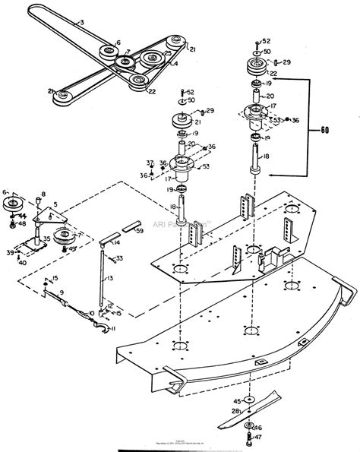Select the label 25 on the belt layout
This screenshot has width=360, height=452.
pos(168,54)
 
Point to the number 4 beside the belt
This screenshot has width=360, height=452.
pos(175,65)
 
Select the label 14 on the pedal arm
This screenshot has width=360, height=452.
pos(118,243)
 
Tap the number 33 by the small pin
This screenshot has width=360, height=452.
pos(120,259)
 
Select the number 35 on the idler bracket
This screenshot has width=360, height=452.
pos(47,238)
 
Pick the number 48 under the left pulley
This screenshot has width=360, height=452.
pos(22,224)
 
